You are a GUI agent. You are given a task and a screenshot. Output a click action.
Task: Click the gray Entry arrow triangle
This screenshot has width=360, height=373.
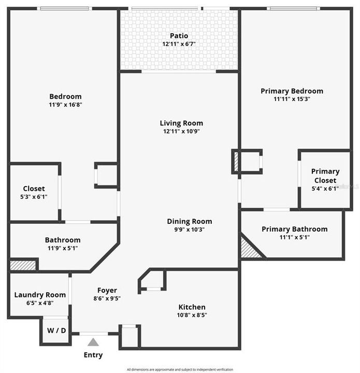93,342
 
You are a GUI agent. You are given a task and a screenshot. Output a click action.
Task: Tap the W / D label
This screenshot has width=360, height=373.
55,331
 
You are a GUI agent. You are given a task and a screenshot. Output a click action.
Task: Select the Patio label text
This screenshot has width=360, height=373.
179,36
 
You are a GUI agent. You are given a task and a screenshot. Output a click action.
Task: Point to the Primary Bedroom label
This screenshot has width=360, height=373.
292,91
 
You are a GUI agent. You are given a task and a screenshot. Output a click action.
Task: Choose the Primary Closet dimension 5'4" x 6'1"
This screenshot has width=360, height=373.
325,189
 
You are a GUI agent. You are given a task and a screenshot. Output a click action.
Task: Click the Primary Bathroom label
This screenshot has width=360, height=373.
294,229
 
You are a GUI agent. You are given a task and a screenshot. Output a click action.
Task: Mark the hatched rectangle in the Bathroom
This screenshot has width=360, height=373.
23,265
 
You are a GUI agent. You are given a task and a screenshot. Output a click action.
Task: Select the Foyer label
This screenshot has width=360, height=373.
107,290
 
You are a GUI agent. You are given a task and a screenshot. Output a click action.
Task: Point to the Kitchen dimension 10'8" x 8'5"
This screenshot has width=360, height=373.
192,315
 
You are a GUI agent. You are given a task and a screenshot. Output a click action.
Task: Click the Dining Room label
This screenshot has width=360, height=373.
189,221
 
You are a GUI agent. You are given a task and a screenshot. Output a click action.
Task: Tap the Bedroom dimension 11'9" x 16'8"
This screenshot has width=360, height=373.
65,104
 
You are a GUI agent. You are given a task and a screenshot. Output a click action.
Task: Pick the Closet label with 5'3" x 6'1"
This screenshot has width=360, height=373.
34,189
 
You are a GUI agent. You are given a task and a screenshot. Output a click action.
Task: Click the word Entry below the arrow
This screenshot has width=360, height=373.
93,355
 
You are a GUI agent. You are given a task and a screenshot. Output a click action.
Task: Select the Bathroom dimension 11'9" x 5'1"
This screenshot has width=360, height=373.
63,248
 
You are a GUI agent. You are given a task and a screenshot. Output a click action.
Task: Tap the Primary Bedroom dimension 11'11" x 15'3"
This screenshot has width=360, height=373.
292,99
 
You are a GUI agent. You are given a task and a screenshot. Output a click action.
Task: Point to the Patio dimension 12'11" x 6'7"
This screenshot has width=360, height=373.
179,44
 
